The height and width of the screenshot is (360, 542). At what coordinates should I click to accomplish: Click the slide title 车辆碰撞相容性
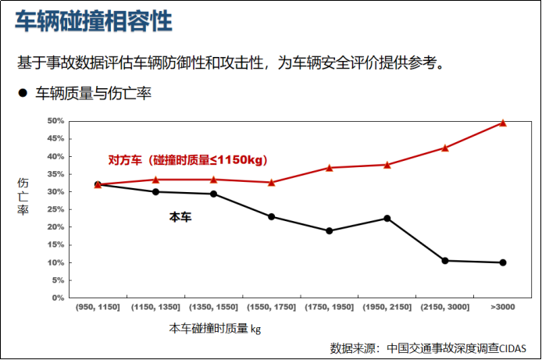94,22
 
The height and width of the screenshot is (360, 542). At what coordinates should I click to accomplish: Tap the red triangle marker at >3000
503,123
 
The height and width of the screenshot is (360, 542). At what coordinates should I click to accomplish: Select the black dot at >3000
503,262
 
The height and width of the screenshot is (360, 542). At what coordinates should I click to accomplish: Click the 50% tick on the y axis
55,121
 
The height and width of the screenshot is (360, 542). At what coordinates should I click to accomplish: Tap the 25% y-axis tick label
55,209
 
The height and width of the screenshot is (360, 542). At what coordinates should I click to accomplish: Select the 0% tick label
57,298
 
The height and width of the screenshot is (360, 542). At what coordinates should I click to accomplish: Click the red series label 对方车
125,160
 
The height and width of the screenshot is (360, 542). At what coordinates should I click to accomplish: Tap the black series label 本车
180,217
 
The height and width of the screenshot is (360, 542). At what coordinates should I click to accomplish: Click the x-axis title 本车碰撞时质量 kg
215,329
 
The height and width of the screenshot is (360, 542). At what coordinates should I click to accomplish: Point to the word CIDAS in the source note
512,347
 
